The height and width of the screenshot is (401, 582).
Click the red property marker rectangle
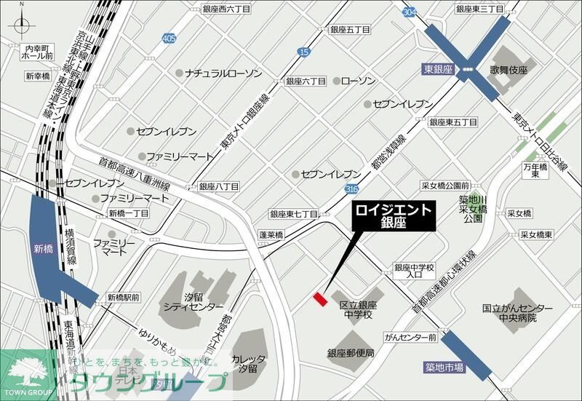click(x=319, y=298)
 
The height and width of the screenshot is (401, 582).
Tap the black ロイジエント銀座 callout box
click(x=393, y=217)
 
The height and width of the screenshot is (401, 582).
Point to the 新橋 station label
click(x=44, y=248)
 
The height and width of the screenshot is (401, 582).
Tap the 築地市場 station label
click(x=445, y=368)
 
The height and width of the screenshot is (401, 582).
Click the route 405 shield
click(x=170, y=37)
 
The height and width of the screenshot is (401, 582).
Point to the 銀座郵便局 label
click(x=351, y=353)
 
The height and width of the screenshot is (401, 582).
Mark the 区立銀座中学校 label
click(x=356, y=310)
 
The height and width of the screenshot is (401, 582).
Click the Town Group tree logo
click(x=26, y=370)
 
